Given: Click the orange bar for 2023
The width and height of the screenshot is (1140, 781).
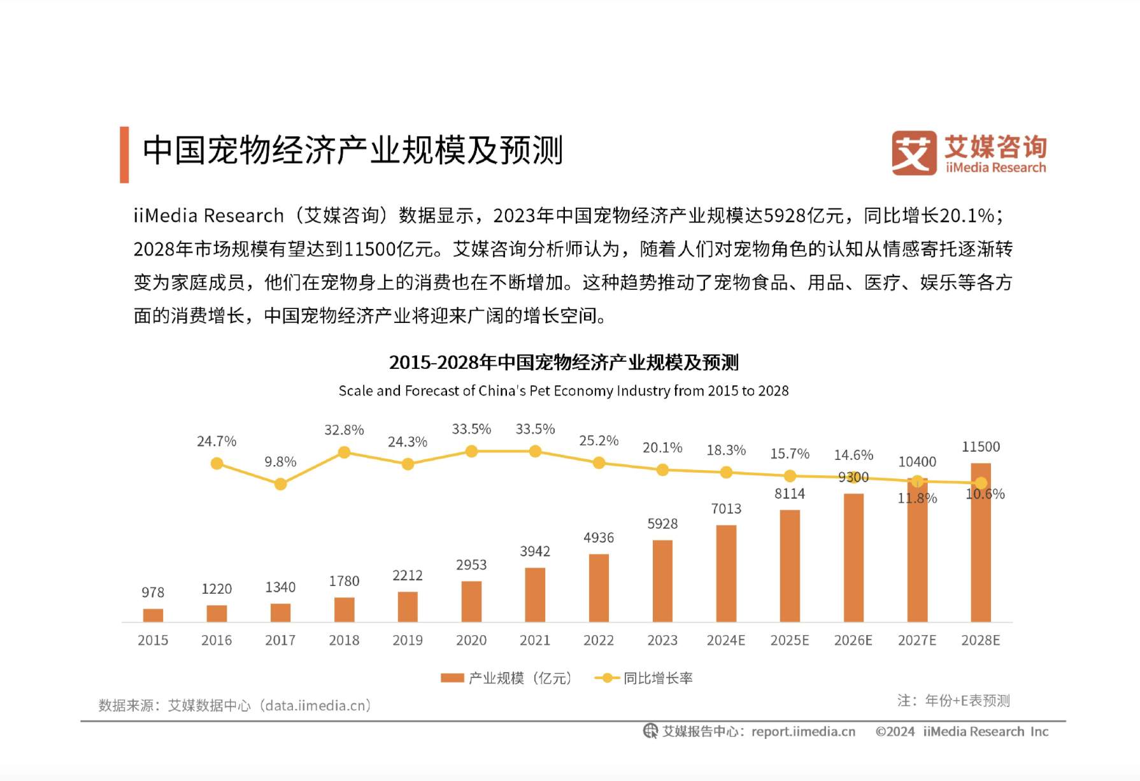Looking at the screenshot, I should pos(662,580).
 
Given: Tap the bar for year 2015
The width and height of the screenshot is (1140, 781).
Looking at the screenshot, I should pos(153,615).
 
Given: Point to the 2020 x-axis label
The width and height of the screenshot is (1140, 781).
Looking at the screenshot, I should pos(471,640).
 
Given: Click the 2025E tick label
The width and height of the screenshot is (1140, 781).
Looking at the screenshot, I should pos(790,640).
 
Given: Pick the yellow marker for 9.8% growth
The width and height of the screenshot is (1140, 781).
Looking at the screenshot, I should pos(280,484).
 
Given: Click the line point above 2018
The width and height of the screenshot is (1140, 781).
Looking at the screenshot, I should pos(344,452).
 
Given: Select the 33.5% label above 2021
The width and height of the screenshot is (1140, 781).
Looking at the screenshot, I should pos(535,429).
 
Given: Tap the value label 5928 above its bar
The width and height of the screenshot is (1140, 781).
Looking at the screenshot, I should pos(662,524).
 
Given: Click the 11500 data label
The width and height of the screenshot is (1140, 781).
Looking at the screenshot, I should pos(981,447).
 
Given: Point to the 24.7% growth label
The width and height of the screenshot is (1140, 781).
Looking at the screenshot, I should pos(217,441).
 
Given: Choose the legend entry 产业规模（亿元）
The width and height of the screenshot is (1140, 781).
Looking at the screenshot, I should pos(507,678).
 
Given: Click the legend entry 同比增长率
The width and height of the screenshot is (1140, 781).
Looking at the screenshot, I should pos(643,678).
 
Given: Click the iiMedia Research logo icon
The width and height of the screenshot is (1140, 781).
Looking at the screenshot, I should pos(914,152).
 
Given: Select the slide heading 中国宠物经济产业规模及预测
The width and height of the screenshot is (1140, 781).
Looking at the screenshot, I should pos(353,151).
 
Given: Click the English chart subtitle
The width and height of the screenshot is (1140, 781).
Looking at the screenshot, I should pos(564,390).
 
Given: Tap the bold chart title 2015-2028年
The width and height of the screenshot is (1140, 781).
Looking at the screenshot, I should pos(564,362).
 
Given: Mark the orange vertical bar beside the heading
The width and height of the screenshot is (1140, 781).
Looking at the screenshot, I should pos(124,155).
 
